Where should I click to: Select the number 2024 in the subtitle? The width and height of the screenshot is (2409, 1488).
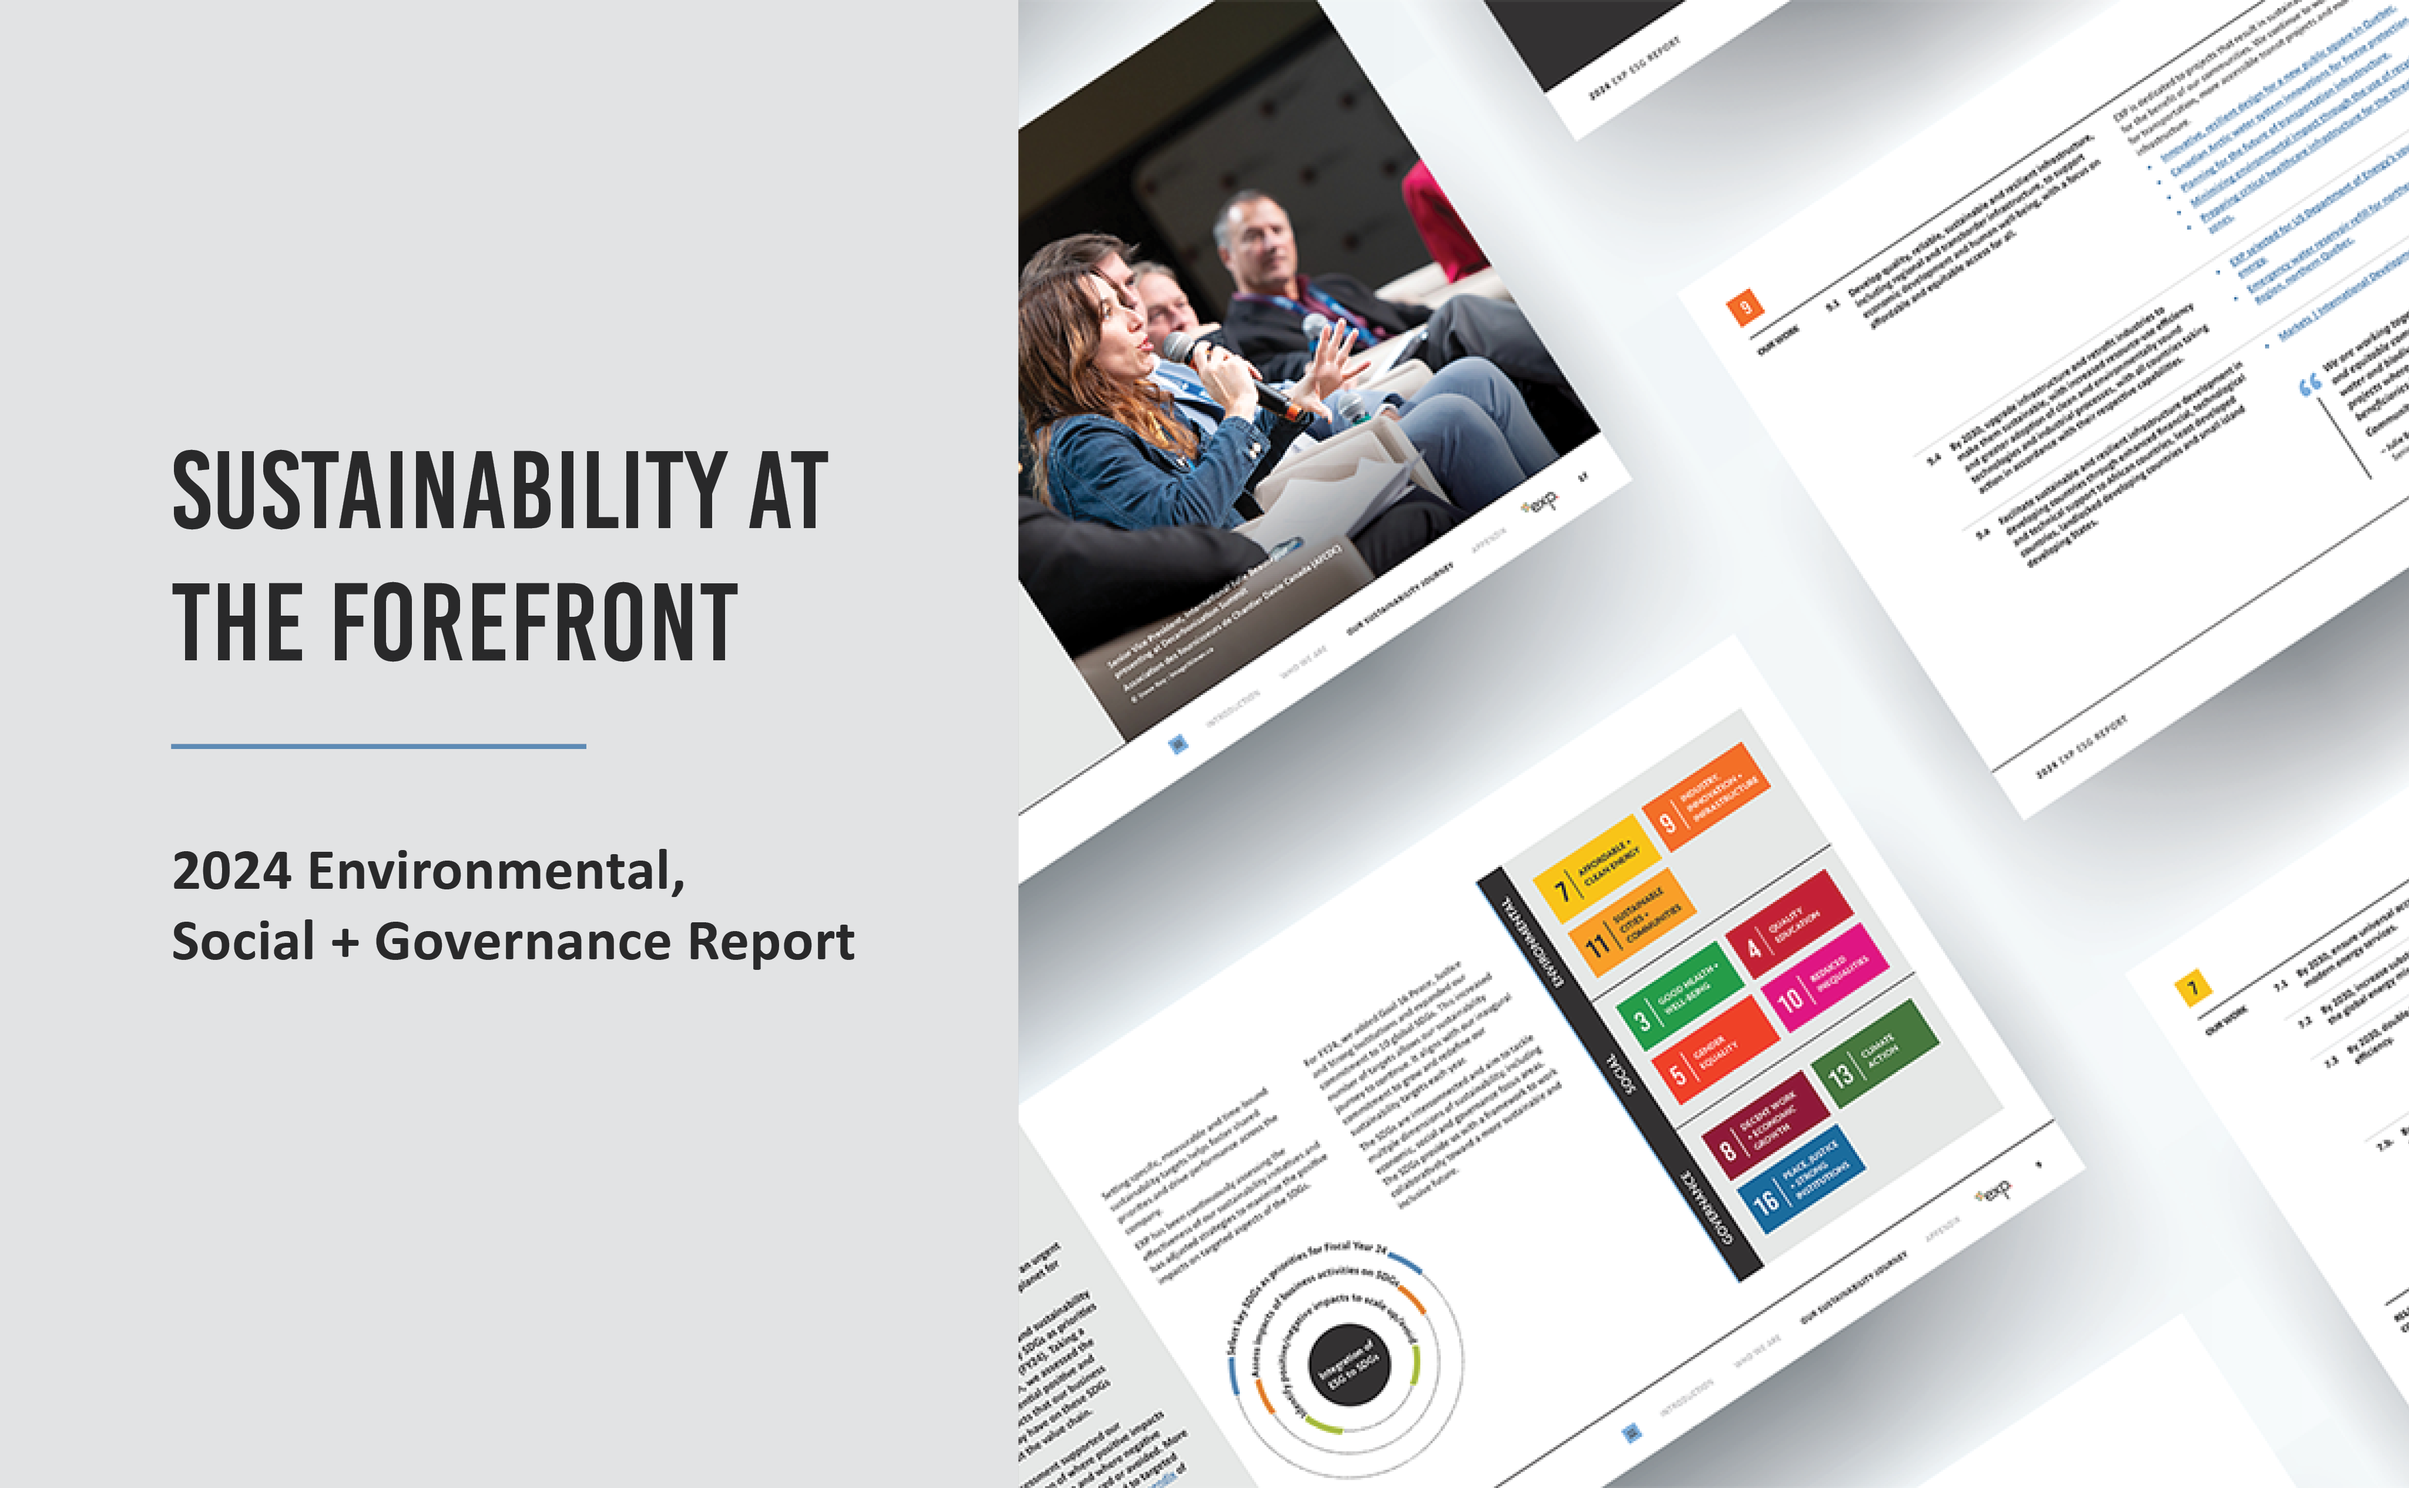click(x=232, y=872)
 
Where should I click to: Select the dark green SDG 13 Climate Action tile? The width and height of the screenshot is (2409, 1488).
click(x=1875, y=1053)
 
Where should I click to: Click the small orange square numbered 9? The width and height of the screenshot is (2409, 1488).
click(x=1744, y=308)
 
